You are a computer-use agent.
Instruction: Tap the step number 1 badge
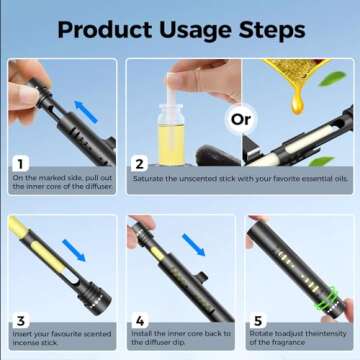click(x=20, y=162)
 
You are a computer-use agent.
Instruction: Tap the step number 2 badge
click(x=138, y=162)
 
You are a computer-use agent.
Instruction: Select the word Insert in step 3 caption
click(x=23, y=334)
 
